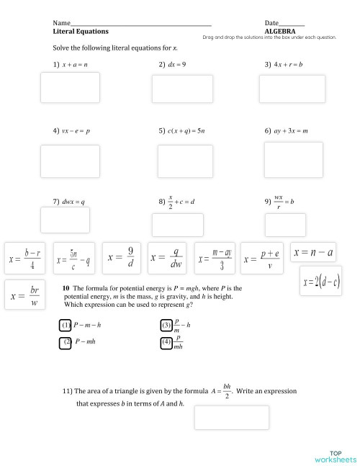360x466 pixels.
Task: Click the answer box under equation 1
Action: (x=70, y=88)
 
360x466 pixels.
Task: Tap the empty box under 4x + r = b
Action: (x=282, y=89)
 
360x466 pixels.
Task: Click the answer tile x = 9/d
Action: (x=121, y=257)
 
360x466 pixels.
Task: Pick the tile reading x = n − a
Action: (x=313, y=253)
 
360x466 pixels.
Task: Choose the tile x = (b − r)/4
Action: (x=27, y=258)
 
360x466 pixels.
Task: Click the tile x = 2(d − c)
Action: (x=321, y=280)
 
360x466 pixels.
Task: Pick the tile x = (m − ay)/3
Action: (x=215, y=258)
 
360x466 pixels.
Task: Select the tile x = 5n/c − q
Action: (x=74, y=258)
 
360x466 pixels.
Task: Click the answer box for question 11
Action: (x=231, y=417)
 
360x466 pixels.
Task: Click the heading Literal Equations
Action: (x=81, y=32)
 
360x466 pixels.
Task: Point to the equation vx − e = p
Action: (x=76, y=131)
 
